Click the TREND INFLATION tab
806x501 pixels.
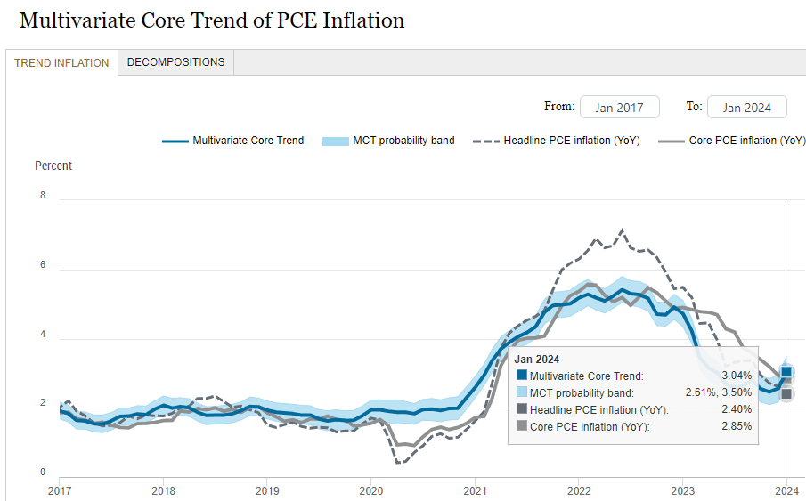tap(61, 63)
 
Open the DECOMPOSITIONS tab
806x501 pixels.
tap(175, 62)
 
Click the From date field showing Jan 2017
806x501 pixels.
tap(619, 108)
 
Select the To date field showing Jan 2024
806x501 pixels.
tap(746, 108)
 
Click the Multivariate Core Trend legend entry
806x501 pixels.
tap(233, 141)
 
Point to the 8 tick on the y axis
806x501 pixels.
tap(43, 195)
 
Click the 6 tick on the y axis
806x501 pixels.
tap(43, 264)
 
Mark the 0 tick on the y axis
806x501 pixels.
tap(43, 473)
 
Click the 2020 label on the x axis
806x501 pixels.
tap(370, 490)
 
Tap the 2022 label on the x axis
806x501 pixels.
tap(579, 490)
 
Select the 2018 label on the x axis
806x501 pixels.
tap(163, 490)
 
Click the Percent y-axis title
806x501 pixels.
tap(53, 166)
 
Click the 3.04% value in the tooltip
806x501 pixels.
tap(735, 376)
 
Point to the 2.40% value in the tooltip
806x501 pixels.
tap(735, 409)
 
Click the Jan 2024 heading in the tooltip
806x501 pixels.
tap(537, 360)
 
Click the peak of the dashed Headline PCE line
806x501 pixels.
tap(622, 230)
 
